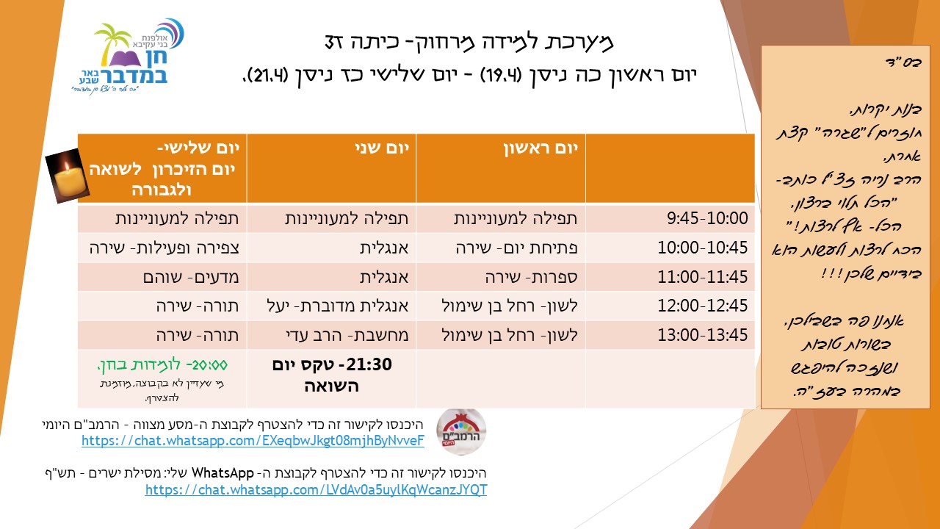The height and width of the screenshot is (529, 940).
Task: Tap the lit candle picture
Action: point(68,176)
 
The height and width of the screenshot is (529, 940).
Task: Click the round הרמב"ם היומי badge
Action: point(461,431)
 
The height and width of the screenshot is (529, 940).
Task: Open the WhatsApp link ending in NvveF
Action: point(253,441)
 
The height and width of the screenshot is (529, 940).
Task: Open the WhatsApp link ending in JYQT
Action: point(316,490)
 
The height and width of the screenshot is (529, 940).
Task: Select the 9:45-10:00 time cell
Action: point(707,218)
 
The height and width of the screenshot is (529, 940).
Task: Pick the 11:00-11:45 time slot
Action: point(703,277)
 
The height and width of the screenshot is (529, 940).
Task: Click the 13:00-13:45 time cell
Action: point(703,335)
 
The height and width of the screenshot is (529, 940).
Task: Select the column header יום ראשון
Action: point(540,148)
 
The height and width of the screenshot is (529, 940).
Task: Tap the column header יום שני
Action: point(382,148)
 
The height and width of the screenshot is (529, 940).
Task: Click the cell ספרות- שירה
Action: point(531,277)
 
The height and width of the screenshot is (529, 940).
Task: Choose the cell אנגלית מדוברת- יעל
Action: point(337,306)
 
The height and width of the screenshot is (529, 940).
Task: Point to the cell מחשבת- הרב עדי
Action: point(347,335)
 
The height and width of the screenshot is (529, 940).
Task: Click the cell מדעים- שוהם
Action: point(191,277)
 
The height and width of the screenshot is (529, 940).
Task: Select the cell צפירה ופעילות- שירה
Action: point(164,248)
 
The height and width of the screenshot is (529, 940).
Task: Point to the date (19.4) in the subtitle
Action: point(499,76)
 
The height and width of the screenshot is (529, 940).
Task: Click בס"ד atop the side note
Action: point(904,62)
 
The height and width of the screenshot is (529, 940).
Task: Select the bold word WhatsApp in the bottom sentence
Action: point(223,473)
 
